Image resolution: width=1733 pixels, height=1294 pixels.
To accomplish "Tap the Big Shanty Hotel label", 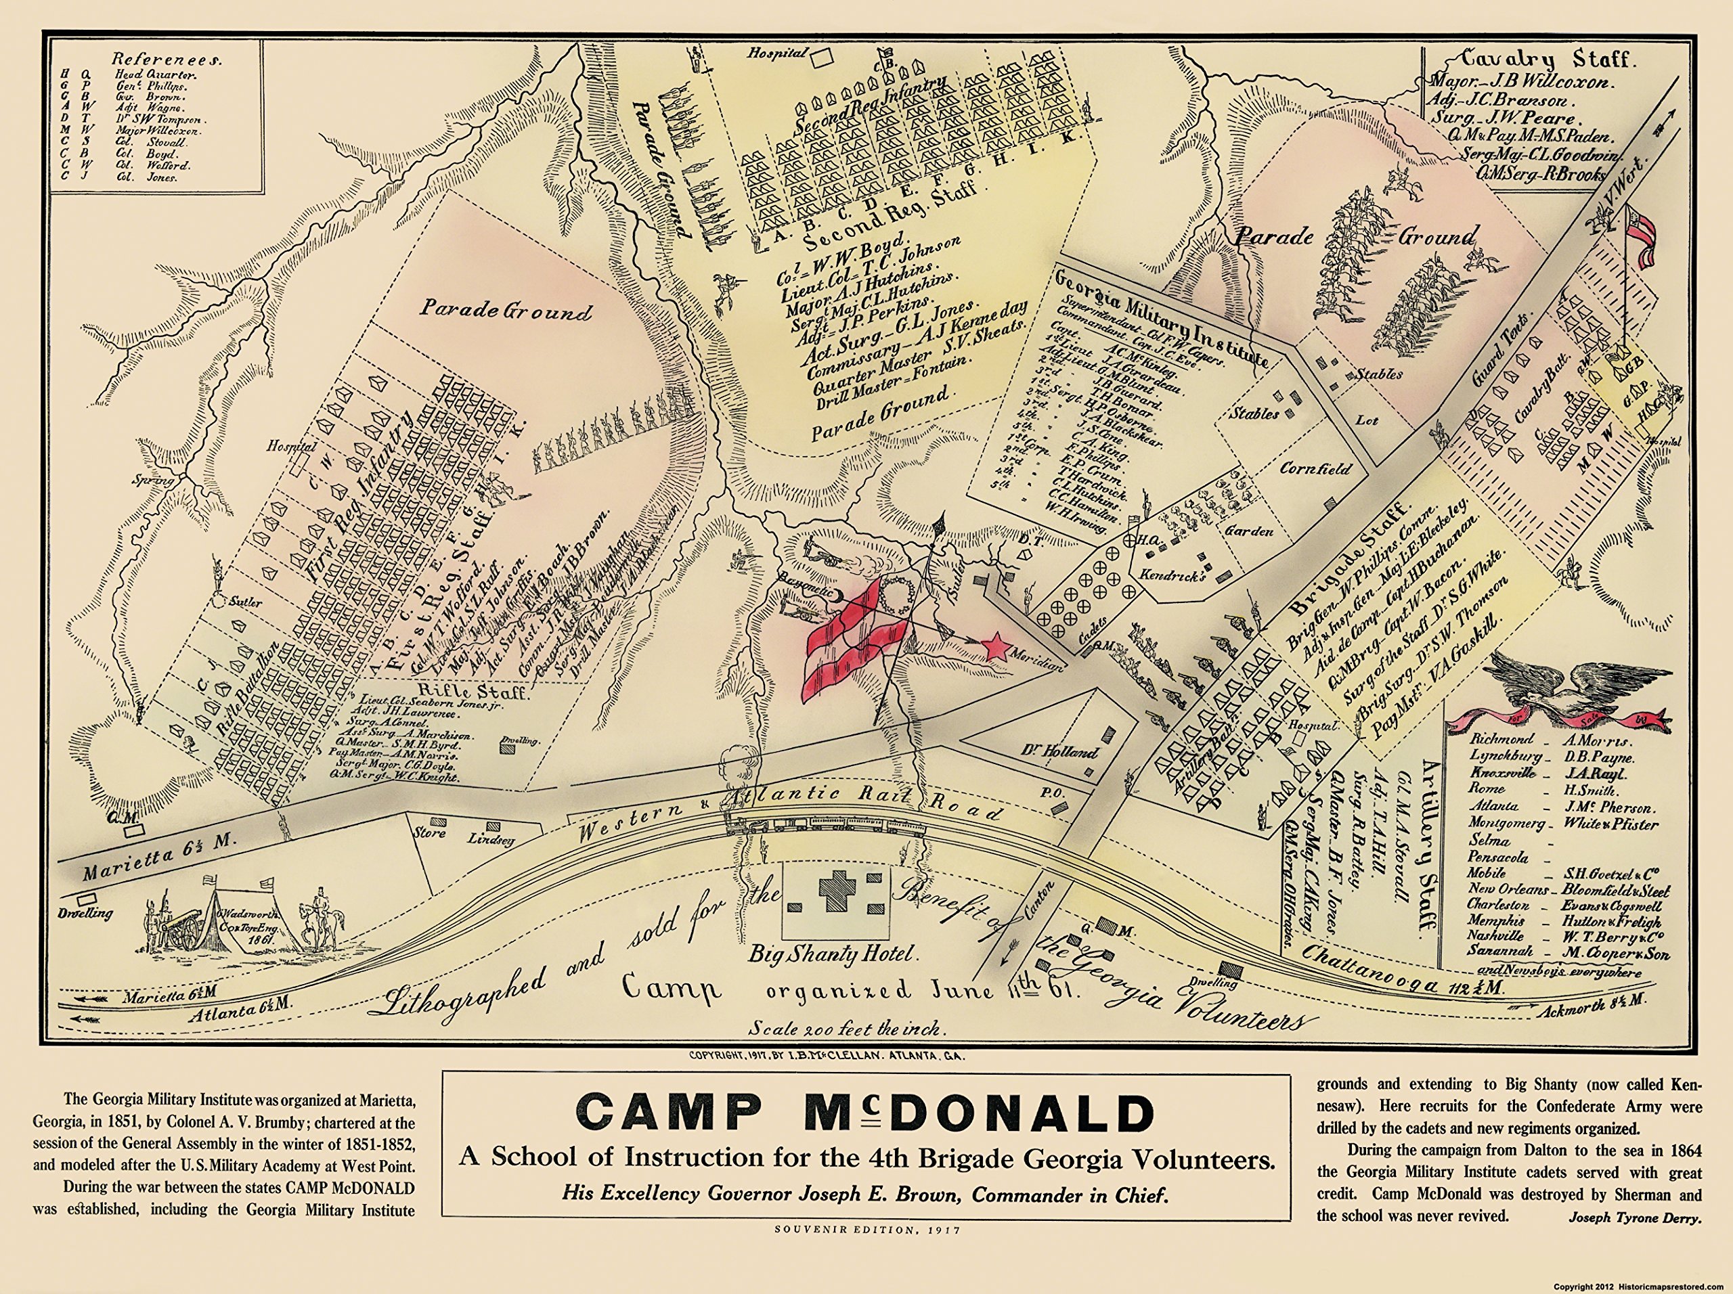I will (x=831, y=954).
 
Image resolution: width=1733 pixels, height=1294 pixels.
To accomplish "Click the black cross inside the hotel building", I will (x=836, y=891).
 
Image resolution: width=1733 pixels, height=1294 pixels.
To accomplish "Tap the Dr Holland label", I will (x=1059, y=753).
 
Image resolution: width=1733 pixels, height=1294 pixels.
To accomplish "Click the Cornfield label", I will (x=1315, y=468).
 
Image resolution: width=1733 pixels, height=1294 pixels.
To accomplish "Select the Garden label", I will (x=1250, y=531).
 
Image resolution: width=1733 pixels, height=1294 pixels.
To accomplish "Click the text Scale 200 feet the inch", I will (x=847, y=1027).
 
